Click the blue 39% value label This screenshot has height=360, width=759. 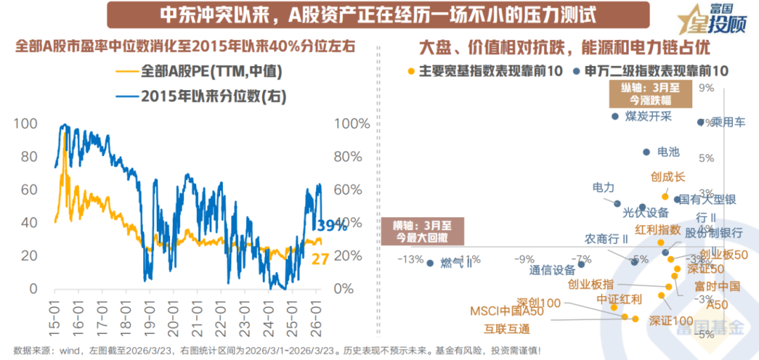[330, 226]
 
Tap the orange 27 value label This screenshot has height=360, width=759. [321, 259]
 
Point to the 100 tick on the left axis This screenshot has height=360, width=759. [24, 124]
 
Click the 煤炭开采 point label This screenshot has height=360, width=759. [648, 117]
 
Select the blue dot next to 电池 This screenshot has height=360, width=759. [647, 152]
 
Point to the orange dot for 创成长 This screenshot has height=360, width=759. [665, 196]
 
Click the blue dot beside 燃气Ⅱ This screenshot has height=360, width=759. [430, 263]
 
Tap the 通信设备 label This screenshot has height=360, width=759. [552, 269]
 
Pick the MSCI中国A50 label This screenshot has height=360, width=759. [506, 311]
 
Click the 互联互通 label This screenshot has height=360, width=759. [507, 328]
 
